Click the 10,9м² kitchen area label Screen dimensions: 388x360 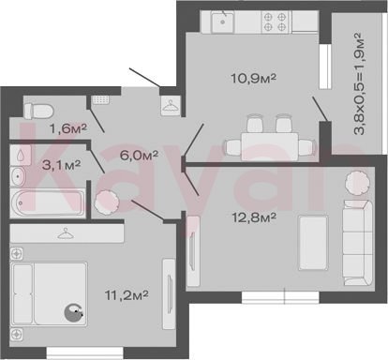click(x=253, y=78)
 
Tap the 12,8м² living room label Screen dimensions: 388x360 click(x=254, y=217)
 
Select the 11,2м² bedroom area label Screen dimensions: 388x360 click(x=127, y=294)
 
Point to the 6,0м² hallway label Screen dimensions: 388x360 click(x=139, y=155)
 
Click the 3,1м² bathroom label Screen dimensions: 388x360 click(x=62, y=165)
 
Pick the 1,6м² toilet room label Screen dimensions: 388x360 click(x=68, y=128)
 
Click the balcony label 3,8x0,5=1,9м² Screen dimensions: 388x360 click(x=359, y=83)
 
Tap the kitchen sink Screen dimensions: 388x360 click(x=222, y=22)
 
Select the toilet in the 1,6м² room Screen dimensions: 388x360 click(x=38, y=111)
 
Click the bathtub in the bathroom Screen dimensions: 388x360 click(x=48, y=203)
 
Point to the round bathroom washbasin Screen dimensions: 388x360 click(x=18, y=176)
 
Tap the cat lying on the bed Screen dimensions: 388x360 click(x=74, y=312)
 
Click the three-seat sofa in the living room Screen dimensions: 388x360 click(x=358, y=243)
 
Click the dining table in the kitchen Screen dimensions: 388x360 click(x=270, y=146)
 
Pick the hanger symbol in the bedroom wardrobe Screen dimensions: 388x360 click(x=66, y=233)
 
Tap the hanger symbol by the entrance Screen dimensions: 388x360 click(x=171, y=106)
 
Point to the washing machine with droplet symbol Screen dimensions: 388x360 click(x=21, y=155)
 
